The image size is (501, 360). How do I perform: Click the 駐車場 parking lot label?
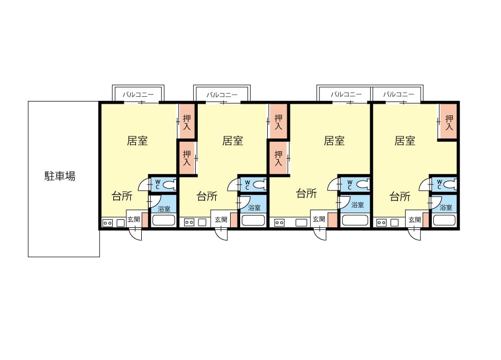click(60, 176)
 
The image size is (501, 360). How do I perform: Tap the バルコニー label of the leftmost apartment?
click(138, 95)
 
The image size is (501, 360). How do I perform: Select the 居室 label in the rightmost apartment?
click(405, 141)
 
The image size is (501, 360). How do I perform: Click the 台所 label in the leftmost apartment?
click(122, 196)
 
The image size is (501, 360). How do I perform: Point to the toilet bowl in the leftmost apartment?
click(169, 184)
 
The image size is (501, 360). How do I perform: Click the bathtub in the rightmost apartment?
click(444, 220)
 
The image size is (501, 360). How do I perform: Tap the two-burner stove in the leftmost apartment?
click(107, 223)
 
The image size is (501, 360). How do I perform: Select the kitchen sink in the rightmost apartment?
click(395, 223)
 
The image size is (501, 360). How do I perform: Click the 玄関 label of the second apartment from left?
click(221, 219)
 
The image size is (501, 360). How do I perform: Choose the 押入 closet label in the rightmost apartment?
click(449, 123)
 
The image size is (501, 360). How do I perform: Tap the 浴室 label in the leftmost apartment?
click(164, 209)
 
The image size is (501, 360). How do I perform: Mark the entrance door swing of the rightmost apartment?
click(414, 234)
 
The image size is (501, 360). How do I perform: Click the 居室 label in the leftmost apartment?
click(138, 141)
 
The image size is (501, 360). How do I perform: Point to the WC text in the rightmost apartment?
click(439, 184)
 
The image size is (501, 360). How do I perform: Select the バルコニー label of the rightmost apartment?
click(398, 95)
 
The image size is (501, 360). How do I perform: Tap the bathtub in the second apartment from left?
click(253, 220)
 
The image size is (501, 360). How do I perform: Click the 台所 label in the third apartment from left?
click(306, 193)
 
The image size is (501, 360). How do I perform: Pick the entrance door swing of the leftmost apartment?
click(135, 234)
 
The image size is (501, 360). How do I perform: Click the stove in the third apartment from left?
click(279, 223)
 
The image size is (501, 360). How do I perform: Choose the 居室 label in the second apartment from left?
click(233, 141)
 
